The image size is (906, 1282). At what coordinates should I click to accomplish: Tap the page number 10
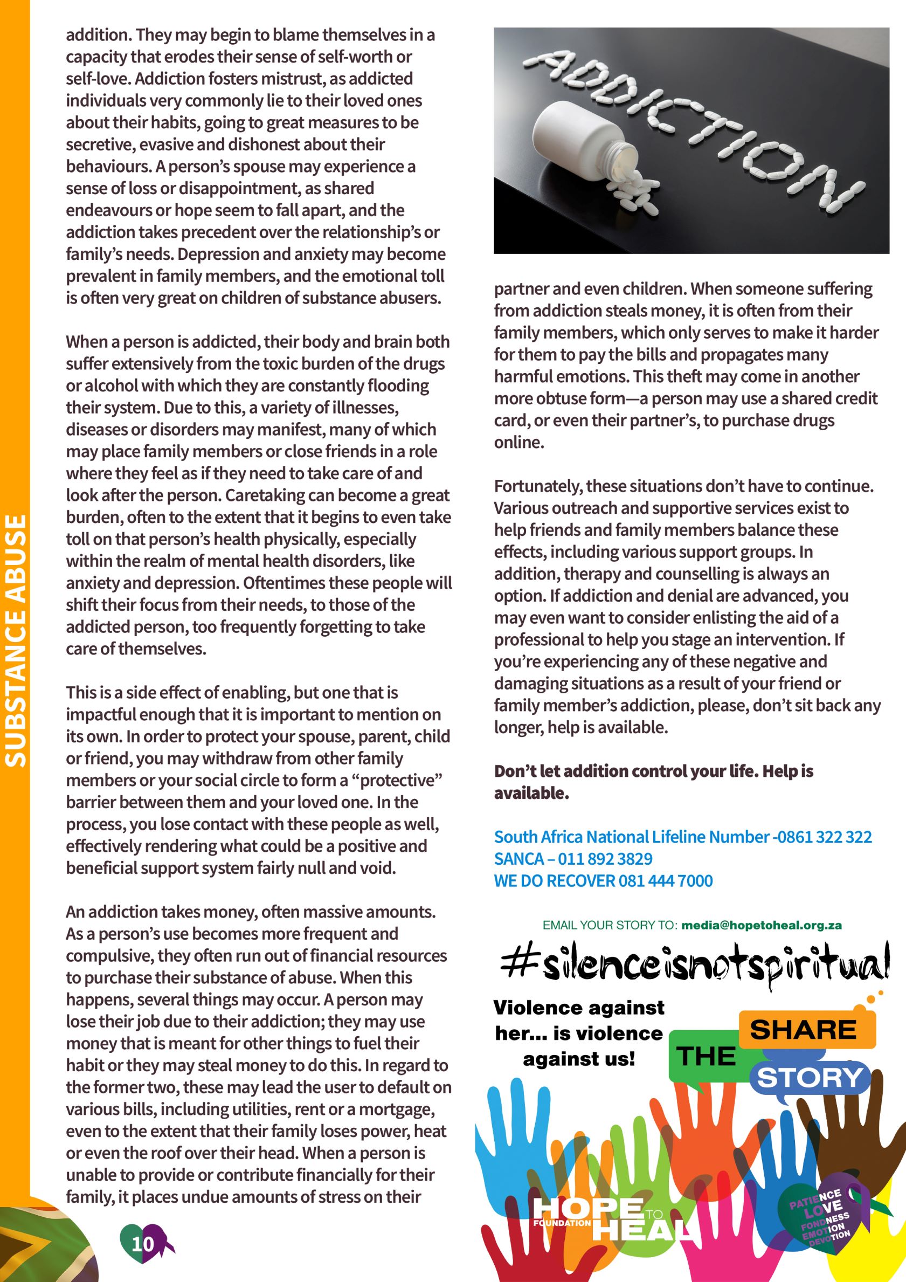[x=142, y=1243]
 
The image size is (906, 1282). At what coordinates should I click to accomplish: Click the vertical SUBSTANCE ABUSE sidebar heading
[x=16, y=640]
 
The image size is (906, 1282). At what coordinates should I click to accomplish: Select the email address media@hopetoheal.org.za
[x=762, y=925]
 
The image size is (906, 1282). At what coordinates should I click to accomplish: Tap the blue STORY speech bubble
[x=810, y=1077]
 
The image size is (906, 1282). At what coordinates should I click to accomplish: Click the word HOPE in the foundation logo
[x=587, y=1209]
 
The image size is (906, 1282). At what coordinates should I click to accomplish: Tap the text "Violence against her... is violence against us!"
[x=579, y=1033]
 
